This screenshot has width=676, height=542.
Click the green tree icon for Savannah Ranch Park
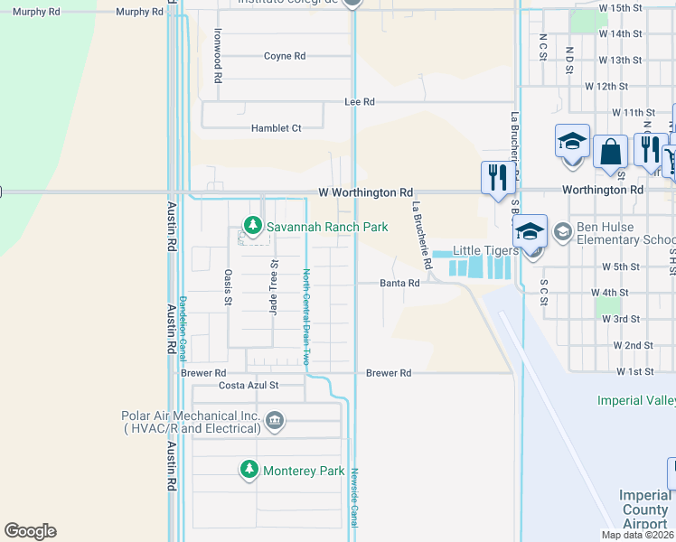tap(253, 226)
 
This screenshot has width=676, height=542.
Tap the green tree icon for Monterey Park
tap(249, 470)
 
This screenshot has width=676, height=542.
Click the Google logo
tap(30, 531)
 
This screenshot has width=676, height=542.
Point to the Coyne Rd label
tap(284, 56)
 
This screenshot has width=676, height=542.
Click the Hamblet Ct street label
tap(276, 128)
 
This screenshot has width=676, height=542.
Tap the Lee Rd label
tap(360, 102)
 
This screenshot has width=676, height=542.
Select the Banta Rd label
tap(399, 283)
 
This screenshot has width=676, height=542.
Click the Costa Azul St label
tap(249, 385)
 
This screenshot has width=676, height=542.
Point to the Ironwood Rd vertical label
tap(218, 55)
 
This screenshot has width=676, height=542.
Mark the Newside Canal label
tap(355, 497)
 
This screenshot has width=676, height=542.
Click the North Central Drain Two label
tap(306, 316)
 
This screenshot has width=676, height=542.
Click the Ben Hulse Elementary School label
tap(620, 234)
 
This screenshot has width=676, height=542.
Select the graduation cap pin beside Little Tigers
tap(530, 232)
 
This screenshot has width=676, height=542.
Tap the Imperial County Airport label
tap(645, 509)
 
